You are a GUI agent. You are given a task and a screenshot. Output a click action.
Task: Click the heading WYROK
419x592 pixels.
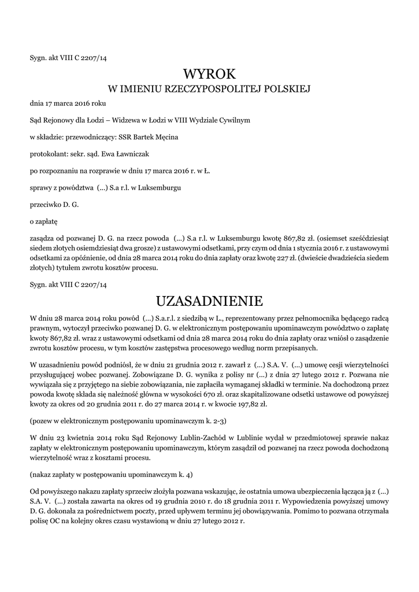click(x=210, y=74)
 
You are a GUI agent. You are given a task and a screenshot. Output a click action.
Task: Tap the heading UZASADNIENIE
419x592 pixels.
click(x=210, y=301)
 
